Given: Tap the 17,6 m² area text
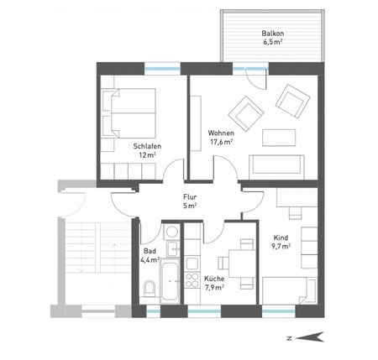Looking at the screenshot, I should click(220, 142).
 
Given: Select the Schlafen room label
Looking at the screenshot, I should click(147, 146).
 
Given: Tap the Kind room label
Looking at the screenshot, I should click(280, 237).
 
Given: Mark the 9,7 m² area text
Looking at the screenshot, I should click(281, 247).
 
